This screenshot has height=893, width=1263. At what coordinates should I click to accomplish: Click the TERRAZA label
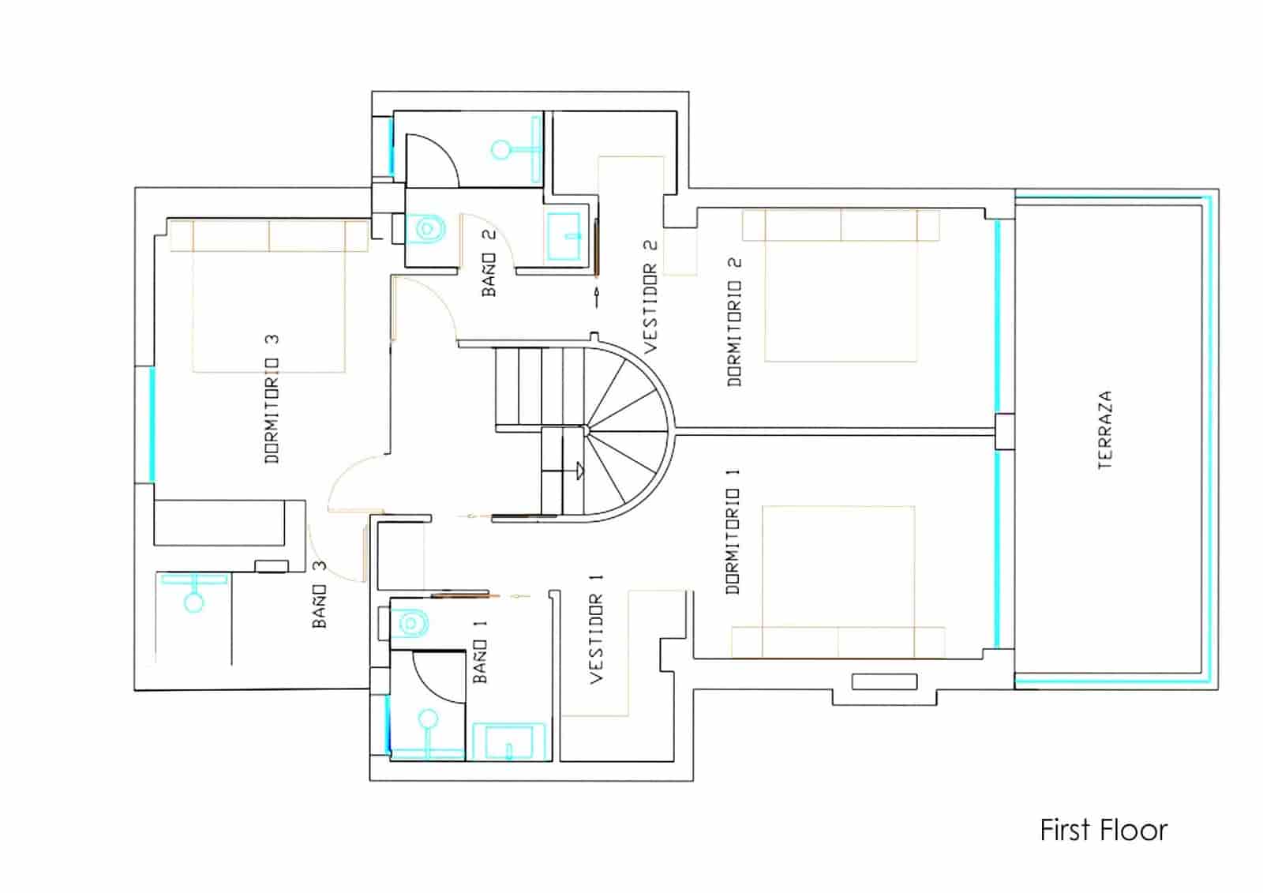1105,430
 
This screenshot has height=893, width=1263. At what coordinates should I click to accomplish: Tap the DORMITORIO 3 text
272,400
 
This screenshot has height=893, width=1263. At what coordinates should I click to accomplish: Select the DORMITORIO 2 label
735,321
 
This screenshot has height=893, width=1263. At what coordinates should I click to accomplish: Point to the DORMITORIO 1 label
733,531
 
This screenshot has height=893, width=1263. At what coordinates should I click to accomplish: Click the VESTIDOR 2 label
650,297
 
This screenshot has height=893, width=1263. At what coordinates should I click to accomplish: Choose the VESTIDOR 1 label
596,628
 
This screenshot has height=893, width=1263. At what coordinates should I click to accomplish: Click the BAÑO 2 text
489,263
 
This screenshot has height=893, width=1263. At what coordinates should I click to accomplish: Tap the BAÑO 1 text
480,651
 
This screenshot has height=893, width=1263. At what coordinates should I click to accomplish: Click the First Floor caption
1103,831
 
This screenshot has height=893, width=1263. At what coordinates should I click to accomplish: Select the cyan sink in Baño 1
508,742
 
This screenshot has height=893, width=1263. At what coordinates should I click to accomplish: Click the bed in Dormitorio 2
841,292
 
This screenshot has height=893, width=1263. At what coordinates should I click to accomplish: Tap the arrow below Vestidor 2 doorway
596,298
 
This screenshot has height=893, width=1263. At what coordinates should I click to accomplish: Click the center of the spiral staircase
586,430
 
